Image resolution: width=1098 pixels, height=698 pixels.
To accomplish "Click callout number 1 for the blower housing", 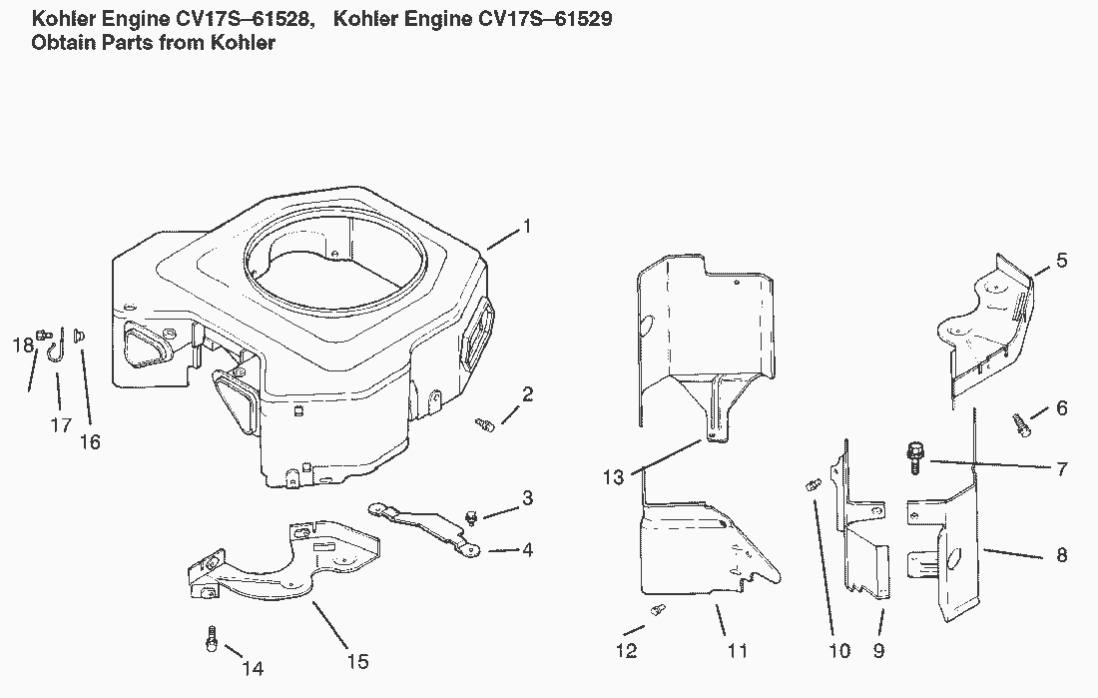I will point(527,227).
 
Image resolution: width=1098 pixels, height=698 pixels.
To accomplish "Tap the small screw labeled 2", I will point(486,424).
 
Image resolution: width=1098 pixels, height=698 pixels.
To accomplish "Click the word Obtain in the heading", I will point(65,43).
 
